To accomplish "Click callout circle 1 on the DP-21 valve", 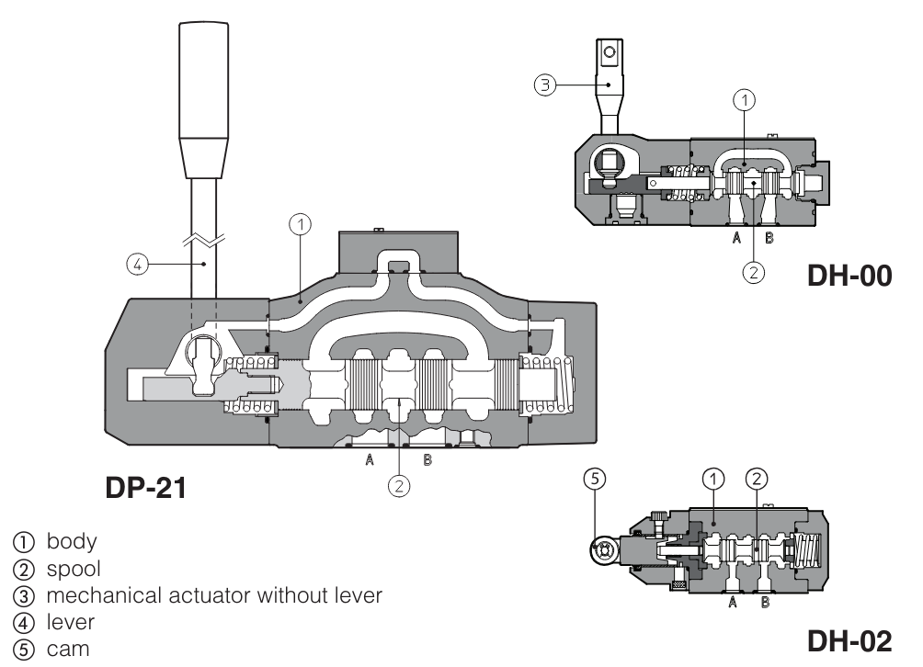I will pos(300,222).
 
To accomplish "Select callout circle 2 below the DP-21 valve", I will pos(398,487).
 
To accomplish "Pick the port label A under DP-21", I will pos(369,460).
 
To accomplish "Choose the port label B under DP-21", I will pos(427,460).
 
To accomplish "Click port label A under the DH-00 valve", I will pos(735,237).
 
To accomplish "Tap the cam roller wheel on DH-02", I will pos(604,550).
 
